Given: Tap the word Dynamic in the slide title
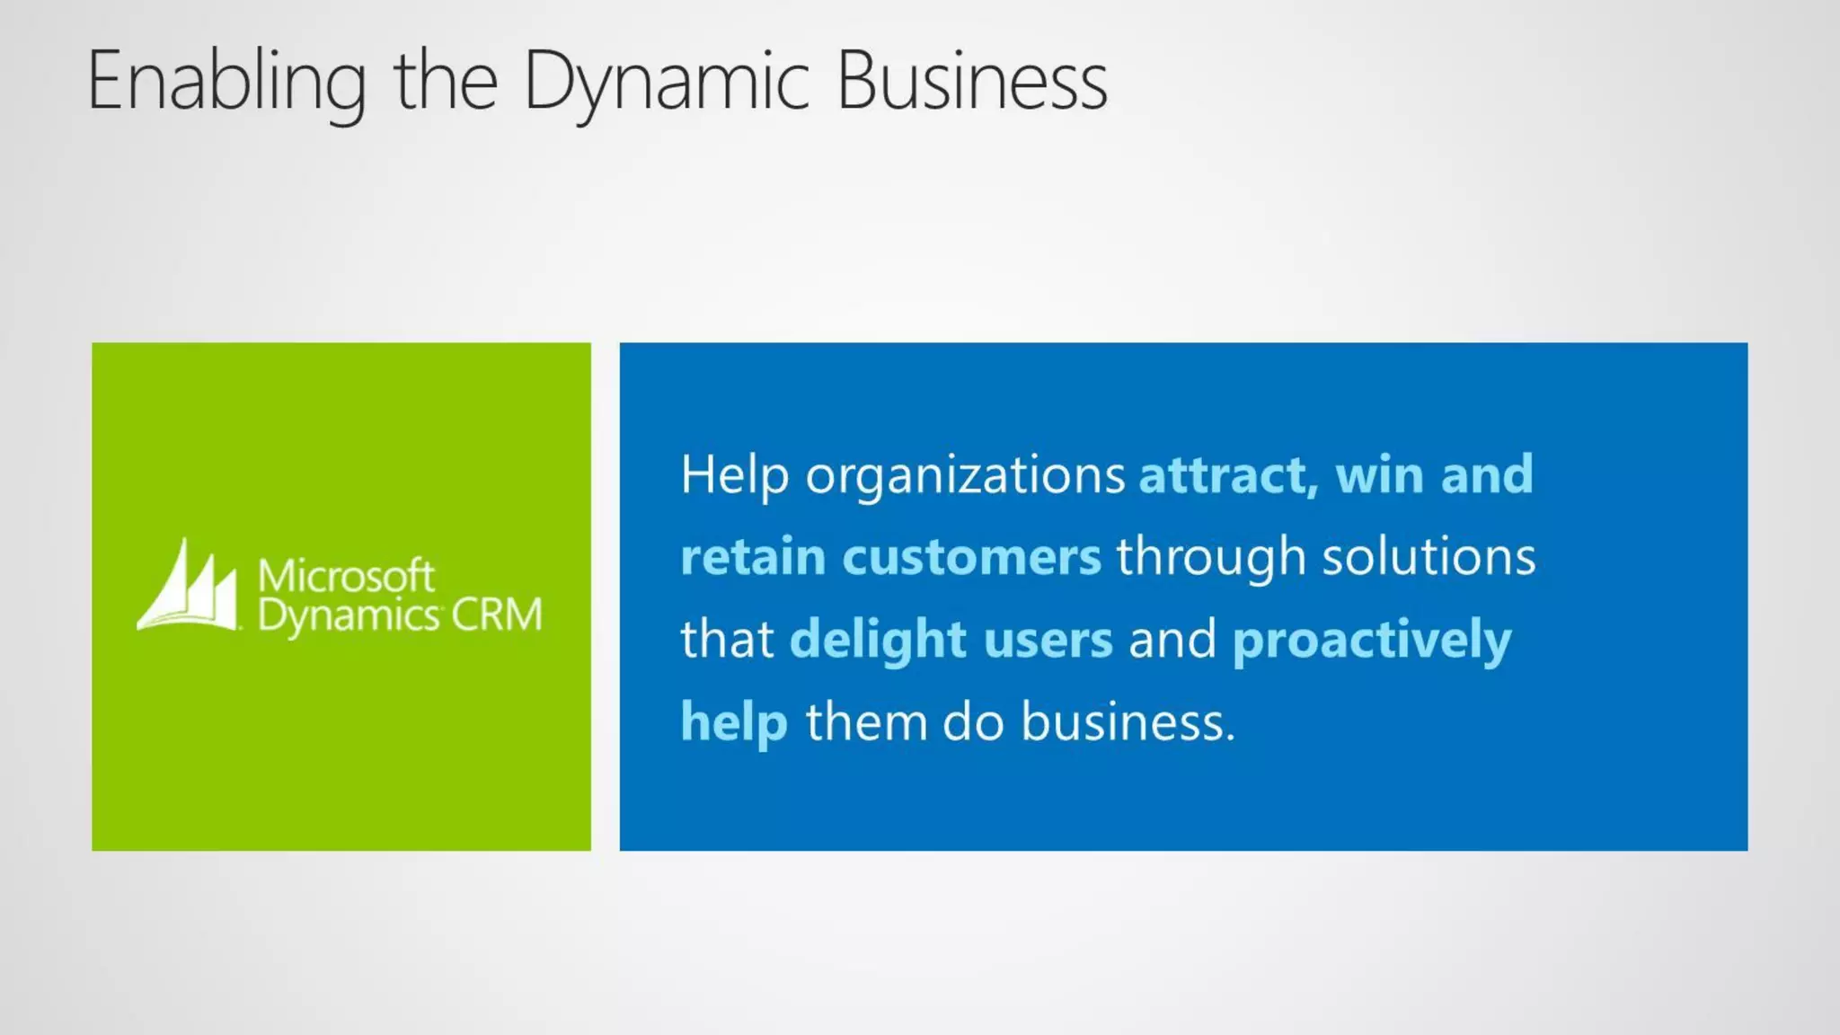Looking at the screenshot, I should point(666,83).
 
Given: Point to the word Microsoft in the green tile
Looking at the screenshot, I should point(346,575).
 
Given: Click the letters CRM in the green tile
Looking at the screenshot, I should point(497,615).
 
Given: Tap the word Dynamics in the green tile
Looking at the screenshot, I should point(348,616).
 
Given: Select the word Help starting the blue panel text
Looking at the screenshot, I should point(734,474).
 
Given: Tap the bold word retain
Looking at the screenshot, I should point(753,557).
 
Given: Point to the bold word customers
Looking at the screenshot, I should point(971,557).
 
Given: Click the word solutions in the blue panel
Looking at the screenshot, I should point(1429,557).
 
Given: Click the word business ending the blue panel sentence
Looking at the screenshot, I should point(1128,722).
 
